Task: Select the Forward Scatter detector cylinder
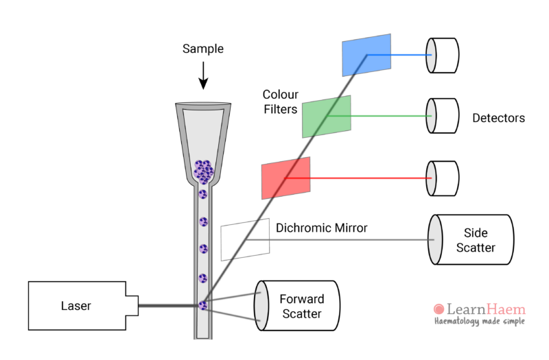pos(299,306)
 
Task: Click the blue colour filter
pos(366,55)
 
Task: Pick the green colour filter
pos(327,116)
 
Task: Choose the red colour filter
pos(285,178)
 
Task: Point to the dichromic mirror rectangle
pos(244,240)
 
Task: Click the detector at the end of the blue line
pos(442,55)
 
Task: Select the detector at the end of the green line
pos(442,116)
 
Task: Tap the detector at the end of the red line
pos(442,178)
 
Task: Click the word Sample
pos(203,49)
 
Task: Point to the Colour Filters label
pos(280,101)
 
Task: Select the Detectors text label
pos(498,118)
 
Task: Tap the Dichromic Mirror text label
pos(321,228)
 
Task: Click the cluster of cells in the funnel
pos(203,171)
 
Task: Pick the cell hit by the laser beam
pos(203,306)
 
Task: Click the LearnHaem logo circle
pos(439,310)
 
